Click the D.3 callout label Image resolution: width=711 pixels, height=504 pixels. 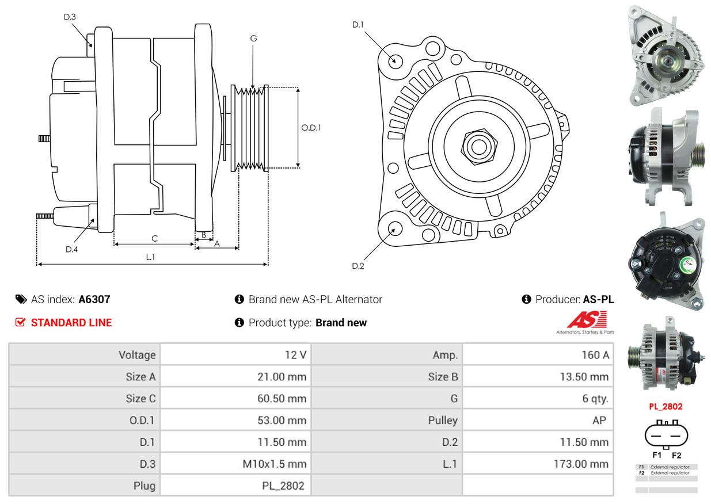coord(70,17)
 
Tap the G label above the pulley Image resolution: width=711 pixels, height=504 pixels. coord(253,39)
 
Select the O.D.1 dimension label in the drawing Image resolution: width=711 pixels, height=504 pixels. coord(311,128)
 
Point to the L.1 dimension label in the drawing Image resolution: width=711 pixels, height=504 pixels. coord(150,257)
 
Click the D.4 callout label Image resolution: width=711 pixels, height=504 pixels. coord(71,249)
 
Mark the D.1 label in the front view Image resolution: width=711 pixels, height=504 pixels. coord(358,25)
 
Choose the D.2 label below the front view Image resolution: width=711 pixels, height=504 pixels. coord(358,266)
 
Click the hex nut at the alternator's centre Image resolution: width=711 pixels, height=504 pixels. coord(477,146)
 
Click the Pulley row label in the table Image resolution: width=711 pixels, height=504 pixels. coord(443,421)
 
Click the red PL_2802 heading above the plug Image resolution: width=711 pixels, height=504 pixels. coord(666,406)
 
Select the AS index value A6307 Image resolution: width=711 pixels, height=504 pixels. coord(94,299)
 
